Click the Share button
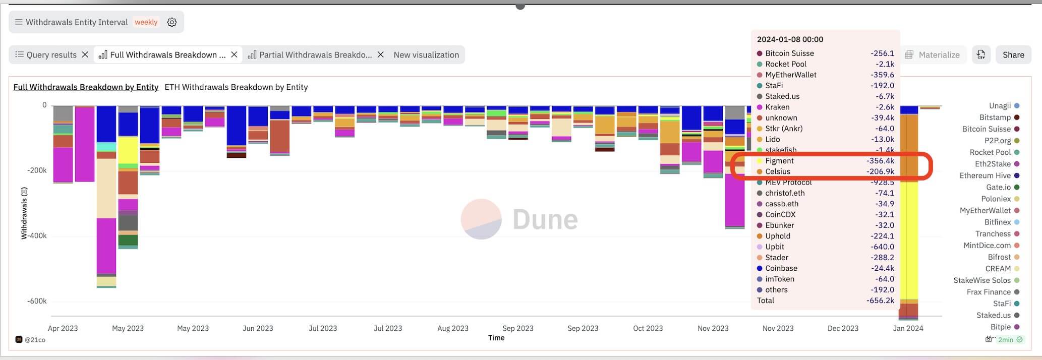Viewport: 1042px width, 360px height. click(x=1013, y=55)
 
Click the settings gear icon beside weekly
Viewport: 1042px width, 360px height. click(x=172, y=22)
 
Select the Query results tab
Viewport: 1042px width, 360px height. click(x=46, y=55)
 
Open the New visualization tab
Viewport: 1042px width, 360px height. click(x=426, y=55)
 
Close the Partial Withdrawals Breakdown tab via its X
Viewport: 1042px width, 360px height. click(x=381, y=55)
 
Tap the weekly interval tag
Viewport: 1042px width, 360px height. click(x=146, y=22)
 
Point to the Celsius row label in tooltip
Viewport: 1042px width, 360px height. click(x=777, y=171)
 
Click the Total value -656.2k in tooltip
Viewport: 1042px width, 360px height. click(x=881, y=301)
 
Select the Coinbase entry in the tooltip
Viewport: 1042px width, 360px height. click(x=781, y=268)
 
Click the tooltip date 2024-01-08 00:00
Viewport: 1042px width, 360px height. click(x=790, y=39)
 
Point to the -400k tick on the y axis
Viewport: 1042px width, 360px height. click(x=37, y=235)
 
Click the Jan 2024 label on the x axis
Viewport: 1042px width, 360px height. click(x=907, y=328)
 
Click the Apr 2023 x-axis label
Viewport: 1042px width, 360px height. click(x=63, y=328)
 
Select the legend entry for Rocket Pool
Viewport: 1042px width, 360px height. click(x=990, y=152)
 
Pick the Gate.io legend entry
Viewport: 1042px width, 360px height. click(x=998, y=187)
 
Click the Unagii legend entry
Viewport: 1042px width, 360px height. click(x=999, y=106)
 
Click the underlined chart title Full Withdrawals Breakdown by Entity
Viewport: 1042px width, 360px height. click(x=86, y=87)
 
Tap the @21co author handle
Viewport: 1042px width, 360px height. click(x=34, y=340)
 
